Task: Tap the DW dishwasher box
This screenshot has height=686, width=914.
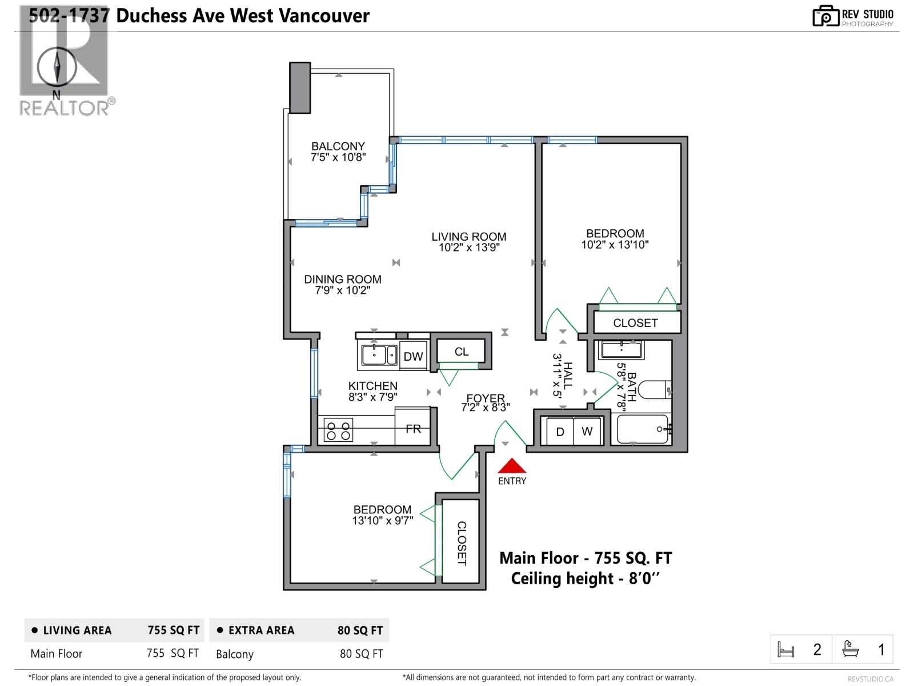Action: point(413,356)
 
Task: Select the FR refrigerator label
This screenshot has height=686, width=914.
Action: point(413,428)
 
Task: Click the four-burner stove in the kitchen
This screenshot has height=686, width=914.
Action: point(338,430)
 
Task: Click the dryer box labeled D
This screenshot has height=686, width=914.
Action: point(560,432)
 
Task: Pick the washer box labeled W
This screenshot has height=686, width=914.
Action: point(587,432)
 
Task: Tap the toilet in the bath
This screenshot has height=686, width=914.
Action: point(654,390)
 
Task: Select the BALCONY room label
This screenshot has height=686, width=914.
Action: point(338,146)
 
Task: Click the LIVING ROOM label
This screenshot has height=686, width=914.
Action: point(468,237)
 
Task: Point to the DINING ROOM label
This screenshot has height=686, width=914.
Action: point(342,280)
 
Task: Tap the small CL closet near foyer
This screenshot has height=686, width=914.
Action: point(462,352)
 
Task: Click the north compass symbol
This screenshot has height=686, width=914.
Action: point(57,67)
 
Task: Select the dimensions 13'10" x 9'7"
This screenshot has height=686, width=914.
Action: point(382,521)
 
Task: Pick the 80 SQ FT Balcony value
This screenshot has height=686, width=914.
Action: point(361,654)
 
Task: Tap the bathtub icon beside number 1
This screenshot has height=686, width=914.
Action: point(851,649)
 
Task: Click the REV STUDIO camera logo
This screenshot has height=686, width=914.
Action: point(825,16)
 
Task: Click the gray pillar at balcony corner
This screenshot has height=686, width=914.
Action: point(300,87)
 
